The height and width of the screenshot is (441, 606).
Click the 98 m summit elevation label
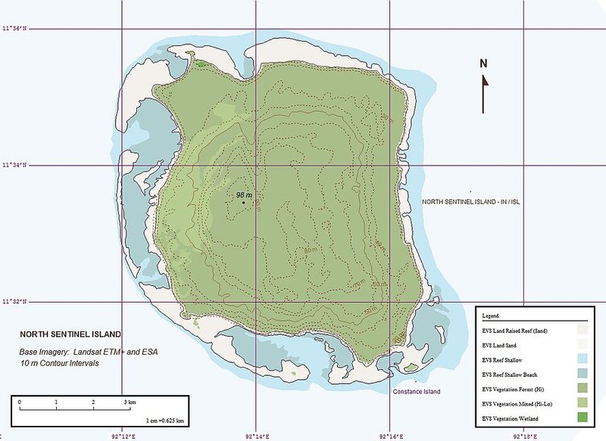tap(244, 194)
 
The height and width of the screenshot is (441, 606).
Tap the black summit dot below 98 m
tap(243, 203)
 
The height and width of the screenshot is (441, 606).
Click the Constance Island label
tap(416, 391)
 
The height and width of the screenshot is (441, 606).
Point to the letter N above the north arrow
tap(483, 64)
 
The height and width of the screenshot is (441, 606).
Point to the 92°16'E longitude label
tap(390, 436)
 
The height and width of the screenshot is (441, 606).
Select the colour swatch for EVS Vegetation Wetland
tap(582, 418)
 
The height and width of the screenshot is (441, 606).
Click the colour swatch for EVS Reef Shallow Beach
tap(582, 374)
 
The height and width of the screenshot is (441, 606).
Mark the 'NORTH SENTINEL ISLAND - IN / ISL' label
tap(473, 202)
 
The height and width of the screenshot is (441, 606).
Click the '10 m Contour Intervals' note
tap(60, 364)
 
